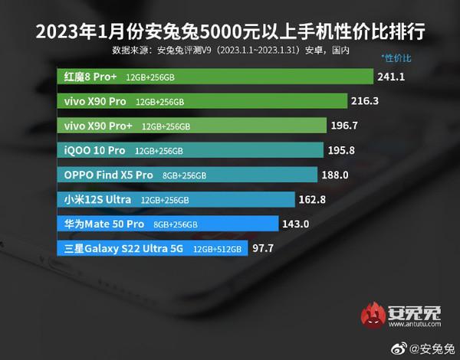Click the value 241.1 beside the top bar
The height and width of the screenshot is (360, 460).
click(392, 77)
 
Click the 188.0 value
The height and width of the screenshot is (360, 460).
click(334, 175)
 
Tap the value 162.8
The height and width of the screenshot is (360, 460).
click(315, 199)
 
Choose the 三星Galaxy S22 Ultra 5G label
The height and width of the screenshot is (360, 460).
click(123, 248)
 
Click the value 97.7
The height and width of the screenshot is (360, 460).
click(264, 248)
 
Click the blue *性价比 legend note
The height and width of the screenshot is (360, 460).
click(397, 58)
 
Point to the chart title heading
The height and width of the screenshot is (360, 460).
click(230, 34)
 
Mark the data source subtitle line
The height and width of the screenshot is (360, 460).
click(230, 51)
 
